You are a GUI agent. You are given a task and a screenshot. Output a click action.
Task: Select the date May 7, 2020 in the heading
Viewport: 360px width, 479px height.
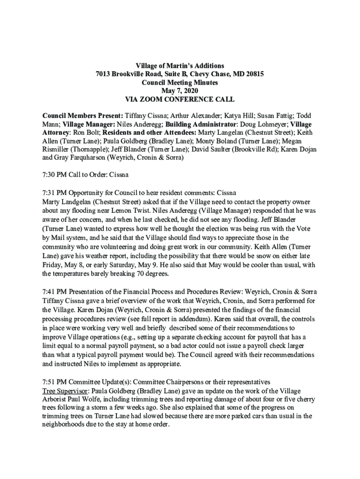(x=180, y=91)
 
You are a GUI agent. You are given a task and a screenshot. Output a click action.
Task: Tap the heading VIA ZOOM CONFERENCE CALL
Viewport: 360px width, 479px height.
(x=180, y=99)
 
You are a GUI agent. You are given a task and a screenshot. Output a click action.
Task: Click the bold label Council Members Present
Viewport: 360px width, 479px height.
(x=82, y=116)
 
